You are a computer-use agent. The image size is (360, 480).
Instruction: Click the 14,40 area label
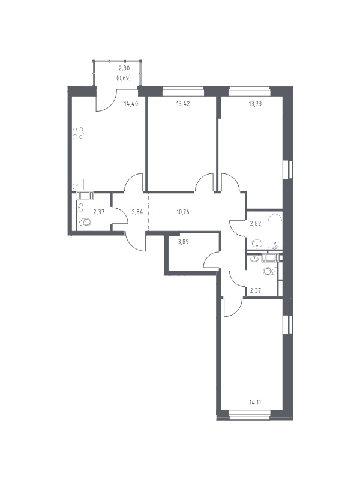tap(131, 104)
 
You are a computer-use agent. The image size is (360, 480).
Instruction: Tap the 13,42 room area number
tap(183, 104)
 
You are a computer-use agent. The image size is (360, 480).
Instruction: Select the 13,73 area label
tap(255, 104)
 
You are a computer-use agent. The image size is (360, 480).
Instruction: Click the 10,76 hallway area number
tap(183, 212)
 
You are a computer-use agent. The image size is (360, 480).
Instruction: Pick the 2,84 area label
tap(137, 212)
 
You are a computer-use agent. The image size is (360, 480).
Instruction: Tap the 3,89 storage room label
tap(183, 242)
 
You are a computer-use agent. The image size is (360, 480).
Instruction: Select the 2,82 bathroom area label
tap(256, 223)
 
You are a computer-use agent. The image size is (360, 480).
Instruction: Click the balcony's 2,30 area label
tap(124, 69)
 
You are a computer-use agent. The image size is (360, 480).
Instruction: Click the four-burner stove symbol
tap(78, 133)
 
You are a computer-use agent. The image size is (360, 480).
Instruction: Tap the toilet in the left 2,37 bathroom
tap(85, 221)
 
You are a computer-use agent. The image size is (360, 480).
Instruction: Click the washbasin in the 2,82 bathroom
tap(257, 244)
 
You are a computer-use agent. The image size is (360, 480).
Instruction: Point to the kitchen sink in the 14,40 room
tap(77, 185)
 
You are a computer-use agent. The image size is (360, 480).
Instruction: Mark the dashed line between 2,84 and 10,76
tap(149, 211)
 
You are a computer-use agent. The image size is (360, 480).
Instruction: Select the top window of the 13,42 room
tap(183, 89)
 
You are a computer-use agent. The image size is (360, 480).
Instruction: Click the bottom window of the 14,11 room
tap(250, 416)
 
